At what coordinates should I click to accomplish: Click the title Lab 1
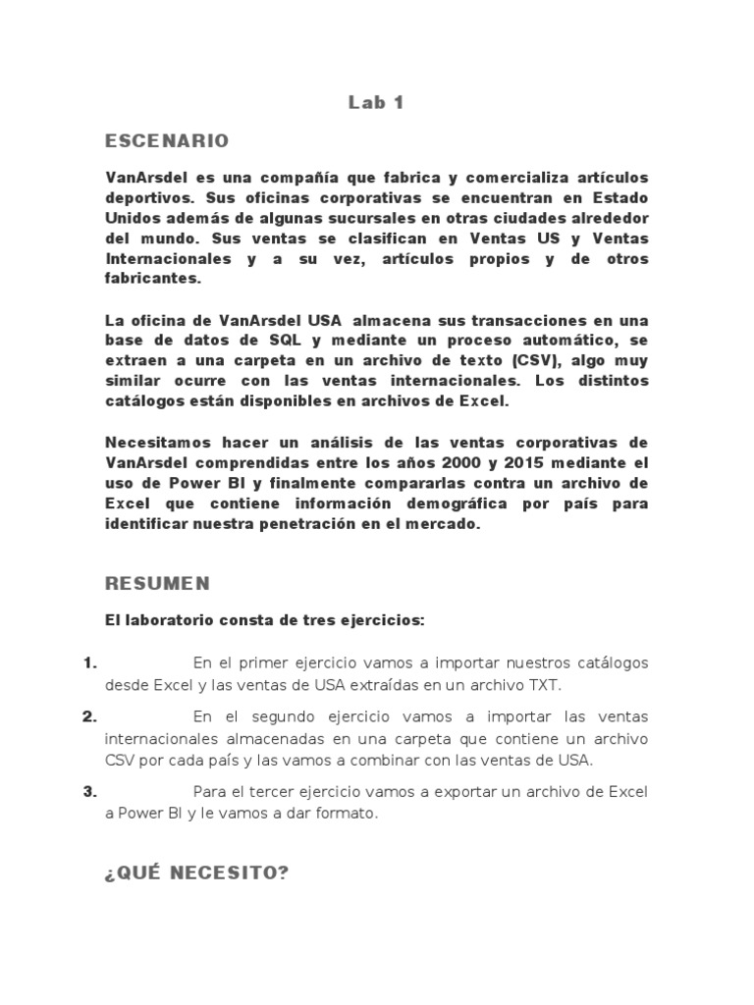pyautogui.click(x=376, y=102)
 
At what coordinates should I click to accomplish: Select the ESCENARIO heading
pyautogui.click(x=167, y=141)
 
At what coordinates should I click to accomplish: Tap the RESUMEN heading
pyautogui.click(x=157, y=583)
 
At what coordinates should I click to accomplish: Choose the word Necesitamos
pyautogui.click(x=155, y=442)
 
